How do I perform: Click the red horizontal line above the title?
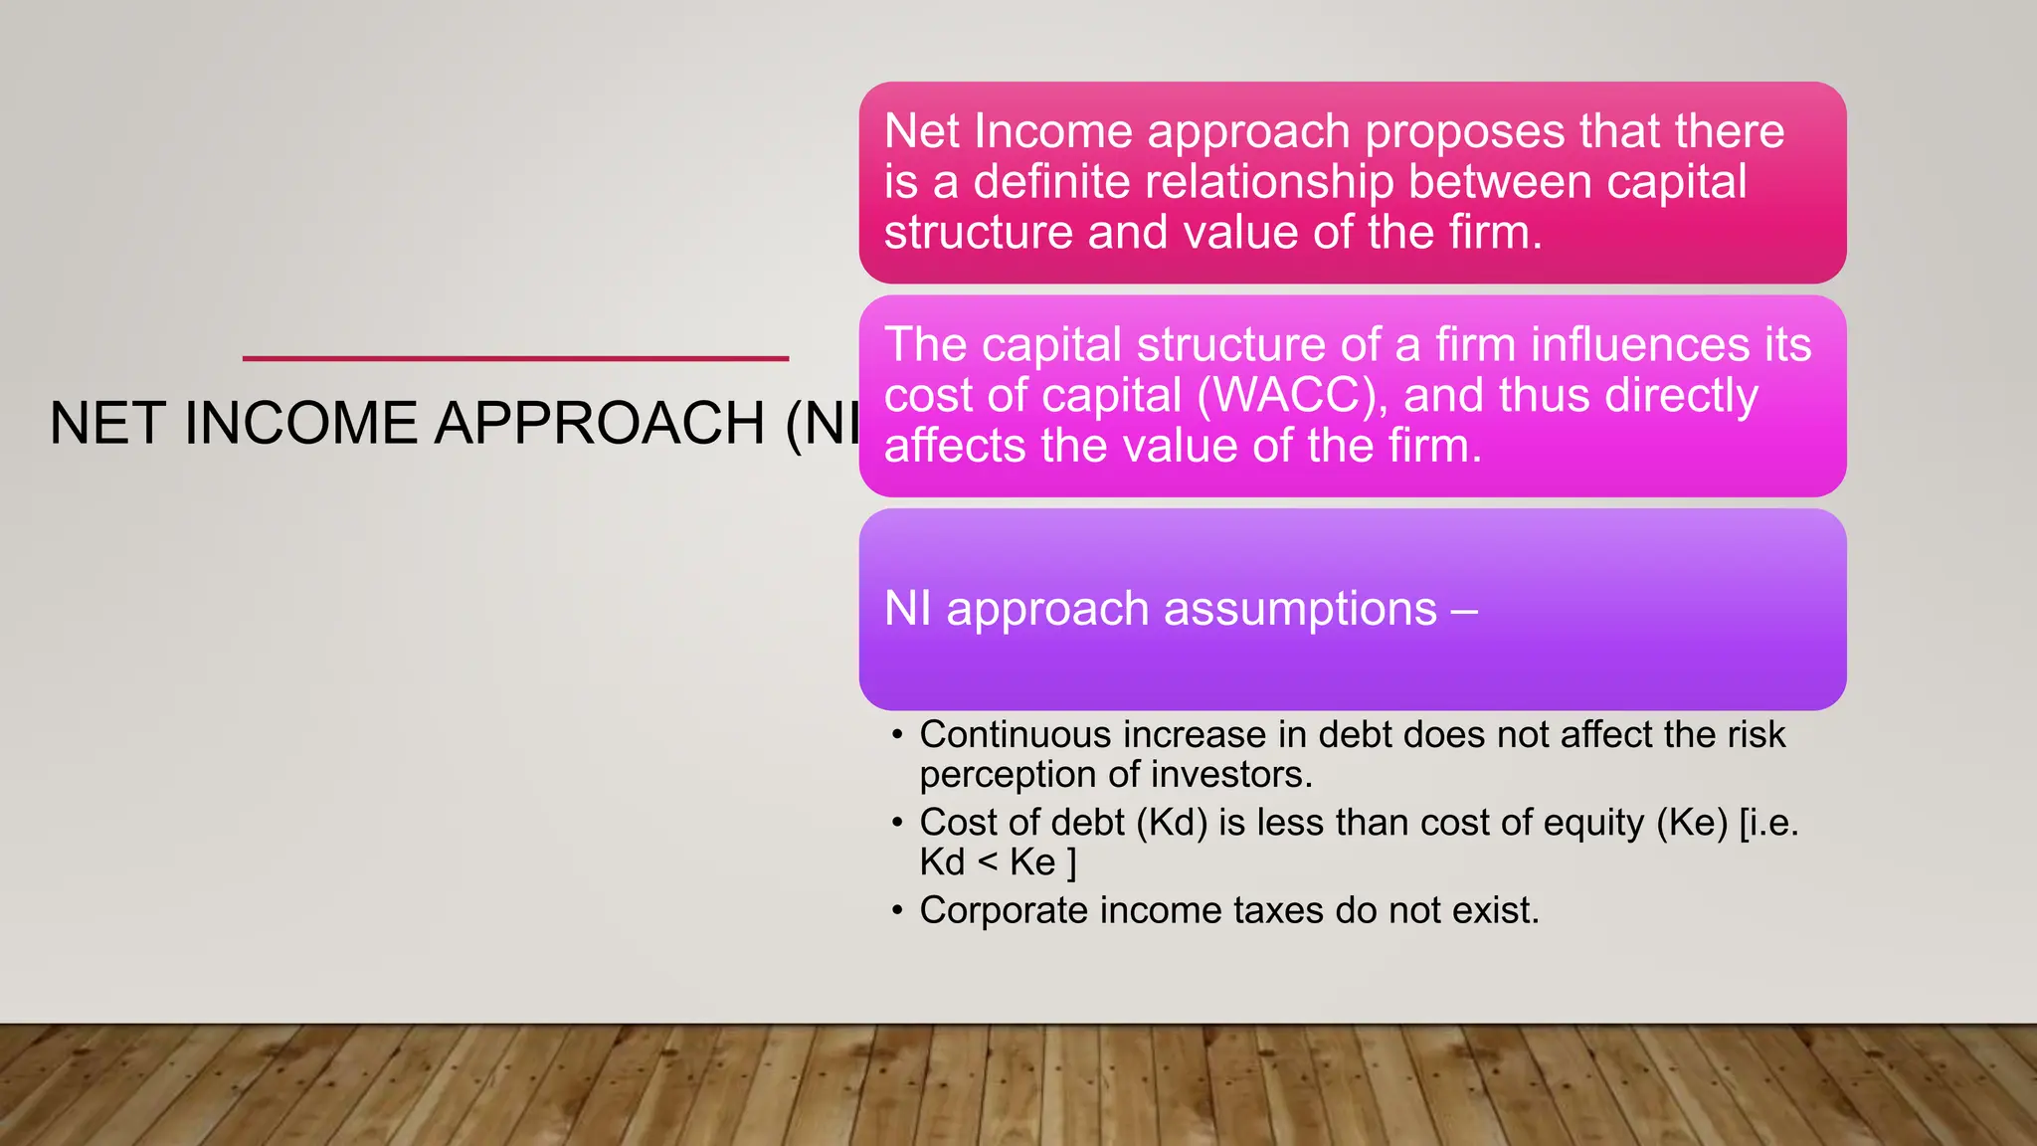515,358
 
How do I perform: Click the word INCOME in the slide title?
299,424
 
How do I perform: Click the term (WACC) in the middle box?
1292,396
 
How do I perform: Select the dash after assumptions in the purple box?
1464,610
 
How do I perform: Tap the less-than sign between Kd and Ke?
987,862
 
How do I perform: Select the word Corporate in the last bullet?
1004,911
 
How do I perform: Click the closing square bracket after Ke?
1071,862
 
